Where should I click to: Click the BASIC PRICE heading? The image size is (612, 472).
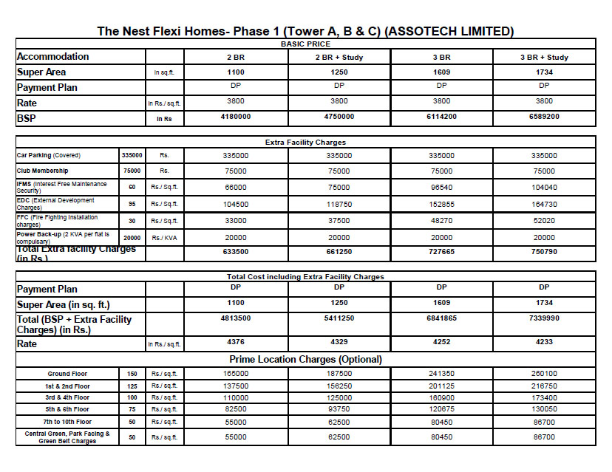(x=305, y=44)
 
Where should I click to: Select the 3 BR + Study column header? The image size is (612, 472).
(x=543, y=58)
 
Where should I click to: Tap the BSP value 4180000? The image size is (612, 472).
(x=236, y=117)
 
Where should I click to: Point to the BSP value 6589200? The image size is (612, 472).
(x=543, y=117)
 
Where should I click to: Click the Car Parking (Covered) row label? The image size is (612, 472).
(x=48, y=156)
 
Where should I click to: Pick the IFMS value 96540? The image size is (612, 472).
(x=441, y=188)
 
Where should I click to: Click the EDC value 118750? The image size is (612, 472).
(x=339, y=204)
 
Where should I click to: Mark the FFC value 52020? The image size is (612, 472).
(x=543, y=220)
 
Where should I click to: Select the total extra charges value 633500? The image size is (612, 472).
(x=236, y=251)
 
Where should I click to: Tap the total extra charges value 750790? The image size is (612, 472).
(x=543, y=251)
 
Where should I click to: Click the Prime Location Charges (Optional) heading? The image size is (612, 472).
(x=305, y=360)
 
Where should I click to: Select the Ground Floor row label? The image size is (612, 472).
(x=68, y=374)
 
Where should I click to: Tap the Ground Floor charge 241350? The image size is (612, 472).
(x=441, y=374)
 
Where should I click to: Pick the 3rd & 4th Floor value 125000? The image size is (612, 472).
(x=339, y=397)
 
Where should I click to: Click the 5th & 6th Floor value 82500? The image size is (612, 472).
(x=236, y=409)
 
